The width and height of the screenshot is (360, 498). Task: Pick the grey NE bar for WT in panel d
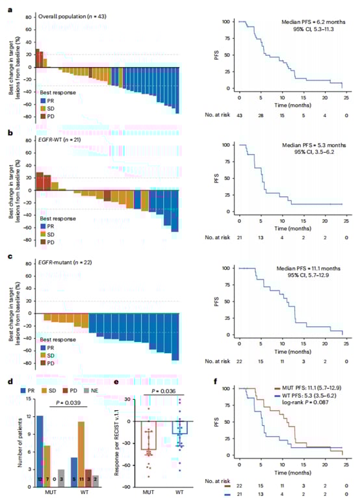(97, 479)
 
